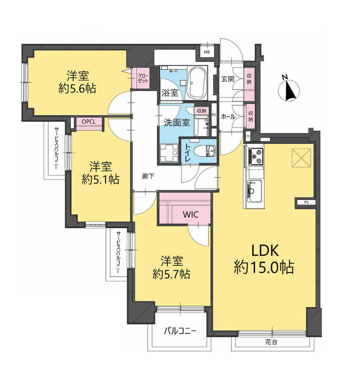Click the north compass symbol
pos(289,89)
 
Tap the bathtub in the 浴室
pos(198,83)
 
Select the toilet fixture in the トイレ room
pos(207,151)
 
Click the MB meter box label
pos(207,52)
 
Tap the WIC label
pos(191,214)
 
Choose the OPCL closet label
pos(89,122)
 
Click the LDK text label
pos(265,251)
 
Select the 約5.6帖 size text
pos(77,89)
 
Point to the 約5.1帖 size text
pos(101,180)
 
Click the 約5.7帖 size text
pos(171,274)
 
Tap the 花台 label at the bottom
pos(271,342)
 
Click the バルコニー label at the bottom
pos(181,331)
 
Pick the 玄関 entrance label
pos(228,79)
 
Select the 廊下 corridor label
pos(148,177)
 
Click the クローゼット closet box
pos(142,78)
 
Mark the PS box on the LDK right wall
pos(306,202)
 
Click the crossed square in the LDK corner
pos(301,158)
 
